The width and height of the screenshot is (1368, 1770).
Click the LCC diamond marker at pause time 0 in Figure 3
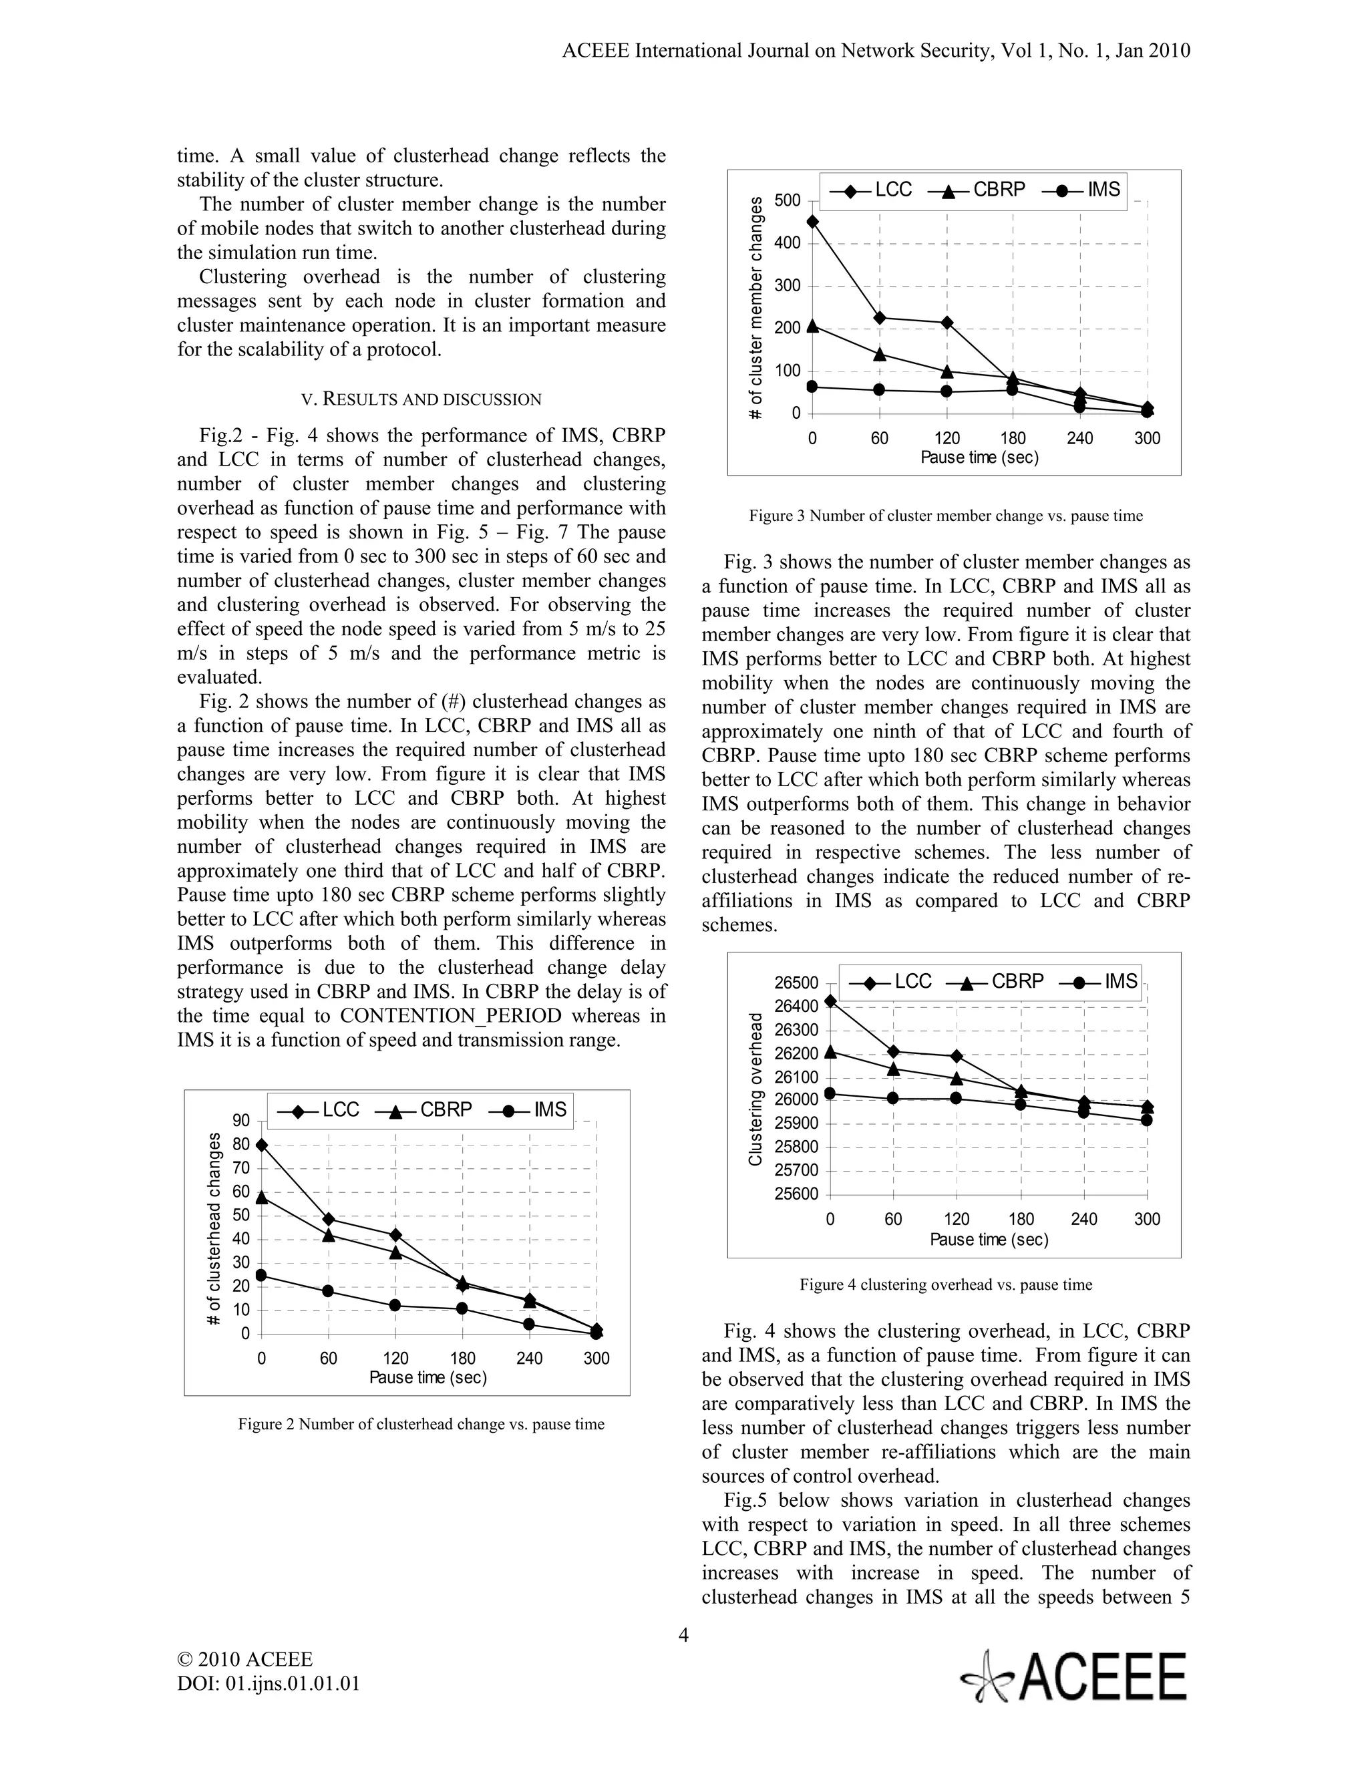pos(813,221)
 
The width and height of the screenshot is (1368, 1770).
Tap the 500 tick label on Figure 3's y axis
pos(787,200)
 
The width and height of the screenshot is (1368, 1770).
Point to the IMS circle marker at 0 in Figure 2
pos(261,1275)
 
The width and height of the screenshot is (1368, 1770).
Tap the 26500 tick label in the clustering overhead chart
pos(797,983)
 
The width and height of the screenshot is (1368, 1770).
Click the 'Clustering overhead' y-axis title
pos(755,1089)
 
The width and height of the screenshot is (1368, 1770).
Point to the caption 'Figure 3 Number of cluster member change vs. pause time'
pos(945,516)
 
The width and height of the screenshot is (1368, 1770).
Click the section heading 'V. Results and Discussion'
pos(421,399)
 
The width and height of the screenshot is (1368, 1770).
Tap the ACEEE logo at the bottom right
pos(1074,1676)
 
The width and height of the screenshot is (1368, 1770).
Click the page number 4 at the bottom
pos(683,1634)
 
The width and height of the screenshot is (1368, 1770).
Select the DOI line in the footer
pos(269,1683)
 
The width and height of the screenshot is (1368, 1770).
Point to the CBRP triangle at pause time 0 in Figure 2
pos(261,1197)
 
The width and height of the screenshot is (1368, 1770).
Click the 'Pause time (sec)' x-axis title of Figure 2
pos(428,1378)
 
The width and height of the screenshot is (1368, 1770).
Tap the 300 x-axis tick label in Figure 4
pos(1147,1219)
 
